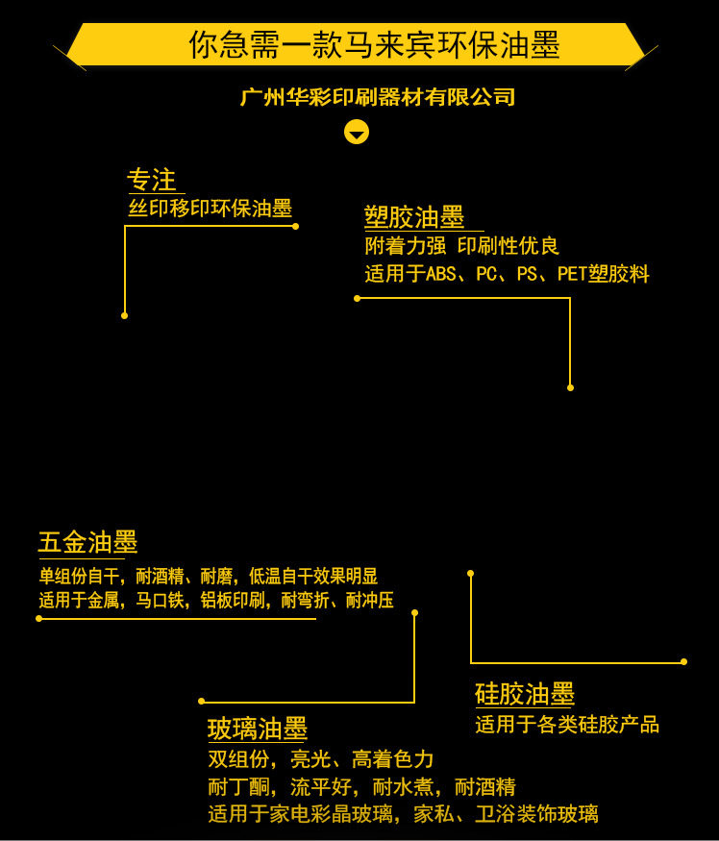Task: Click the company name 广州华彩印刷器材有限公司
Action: (378, 97)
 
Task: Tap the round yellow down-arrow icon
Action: (357, 132)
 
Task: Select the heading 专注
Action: (152, 180)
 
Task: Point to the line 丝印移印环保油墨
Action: (210, 209)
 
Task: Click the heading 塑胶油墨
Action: (414, 217)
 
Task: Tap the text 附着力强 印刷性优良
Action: (461, 246)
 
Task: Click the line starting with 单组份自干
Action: (208, 577)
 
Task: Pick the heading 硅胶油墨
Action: (525, 694)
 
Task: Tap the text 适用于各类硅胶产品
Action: (567, 724)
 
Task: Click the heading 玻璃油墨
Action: (258, 729)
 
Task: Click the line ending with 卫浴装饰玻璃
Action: (403, 814)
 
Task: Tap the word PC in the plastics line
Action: (486, 275)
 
